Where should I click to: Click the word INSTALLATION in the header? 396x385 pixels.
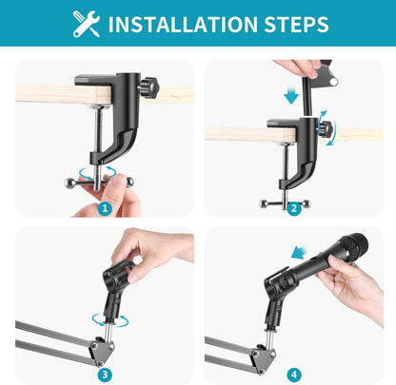click(191, 24)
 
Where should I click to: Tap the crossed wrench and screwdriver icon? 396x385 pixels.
click(86, 24)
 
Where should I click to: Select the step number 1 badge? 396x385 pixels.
click(106, 206)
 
